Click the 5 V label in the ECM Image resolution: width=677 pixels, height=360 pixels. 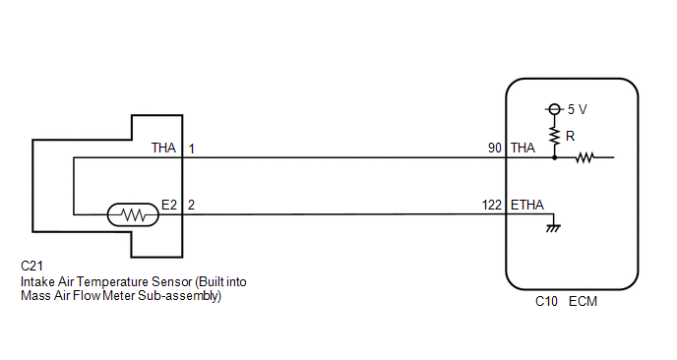[x=578, y=109]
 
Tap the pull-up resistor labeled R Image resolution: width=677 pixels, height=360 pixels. [x=555, y=137]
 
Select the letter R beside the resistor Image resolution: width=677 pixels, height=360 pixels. [x=571, y=137]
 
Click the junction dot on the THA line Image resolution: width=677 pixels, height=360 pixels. [x=555, y=157]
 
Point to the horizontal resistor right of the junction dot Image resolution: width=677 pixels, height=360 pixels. [x=585, y=157]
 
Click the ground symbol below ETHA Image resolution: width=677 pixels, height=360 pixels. [x=553, y=228]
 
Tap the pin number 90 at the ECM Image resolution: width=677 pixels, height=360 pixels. [x=495, y=149]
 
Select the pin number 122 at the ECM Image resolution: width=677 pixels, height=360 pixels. [x=492, y=205]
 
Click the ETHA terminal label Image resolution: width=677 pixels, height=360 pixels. [x=527, y=205]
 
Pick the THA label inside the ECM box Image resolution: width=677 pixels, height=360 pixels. [x=523, y=149]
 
